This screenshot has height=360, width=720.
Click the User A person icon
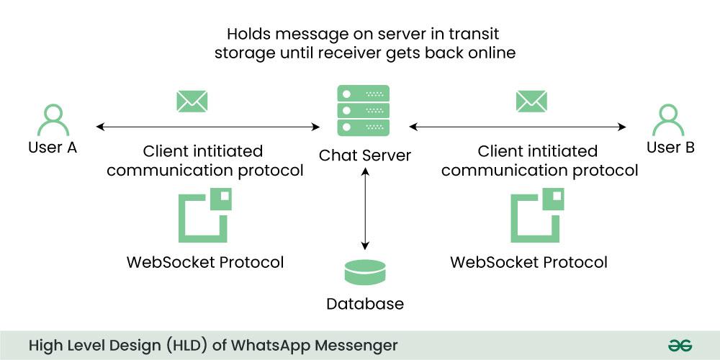(53, 120)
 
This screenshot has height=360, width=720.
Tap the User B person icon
(667, 120)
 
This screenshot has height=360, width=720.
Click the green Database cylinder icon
(365, 273)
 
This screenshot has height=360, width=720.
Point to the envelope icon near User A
(192, 101)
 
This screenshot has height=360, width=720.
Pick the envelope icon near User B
(531, 101)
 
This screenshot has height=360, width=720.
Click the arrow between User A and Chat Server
(208, 127)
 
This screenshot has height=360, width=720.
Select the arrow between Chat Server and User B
(518, 127)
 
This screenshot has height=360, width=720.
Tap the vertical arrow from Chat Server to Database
(366, 209)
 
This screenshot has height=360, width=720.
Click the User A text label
(53, 148)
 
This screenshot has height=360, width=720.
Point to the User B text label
(670, 148)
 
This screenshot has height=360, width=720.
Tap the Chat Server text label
(365, 155)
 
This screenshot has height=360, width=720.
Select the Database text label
(365, 304)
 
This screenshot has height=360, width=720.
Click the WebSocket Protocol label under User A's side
(205, 262)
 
